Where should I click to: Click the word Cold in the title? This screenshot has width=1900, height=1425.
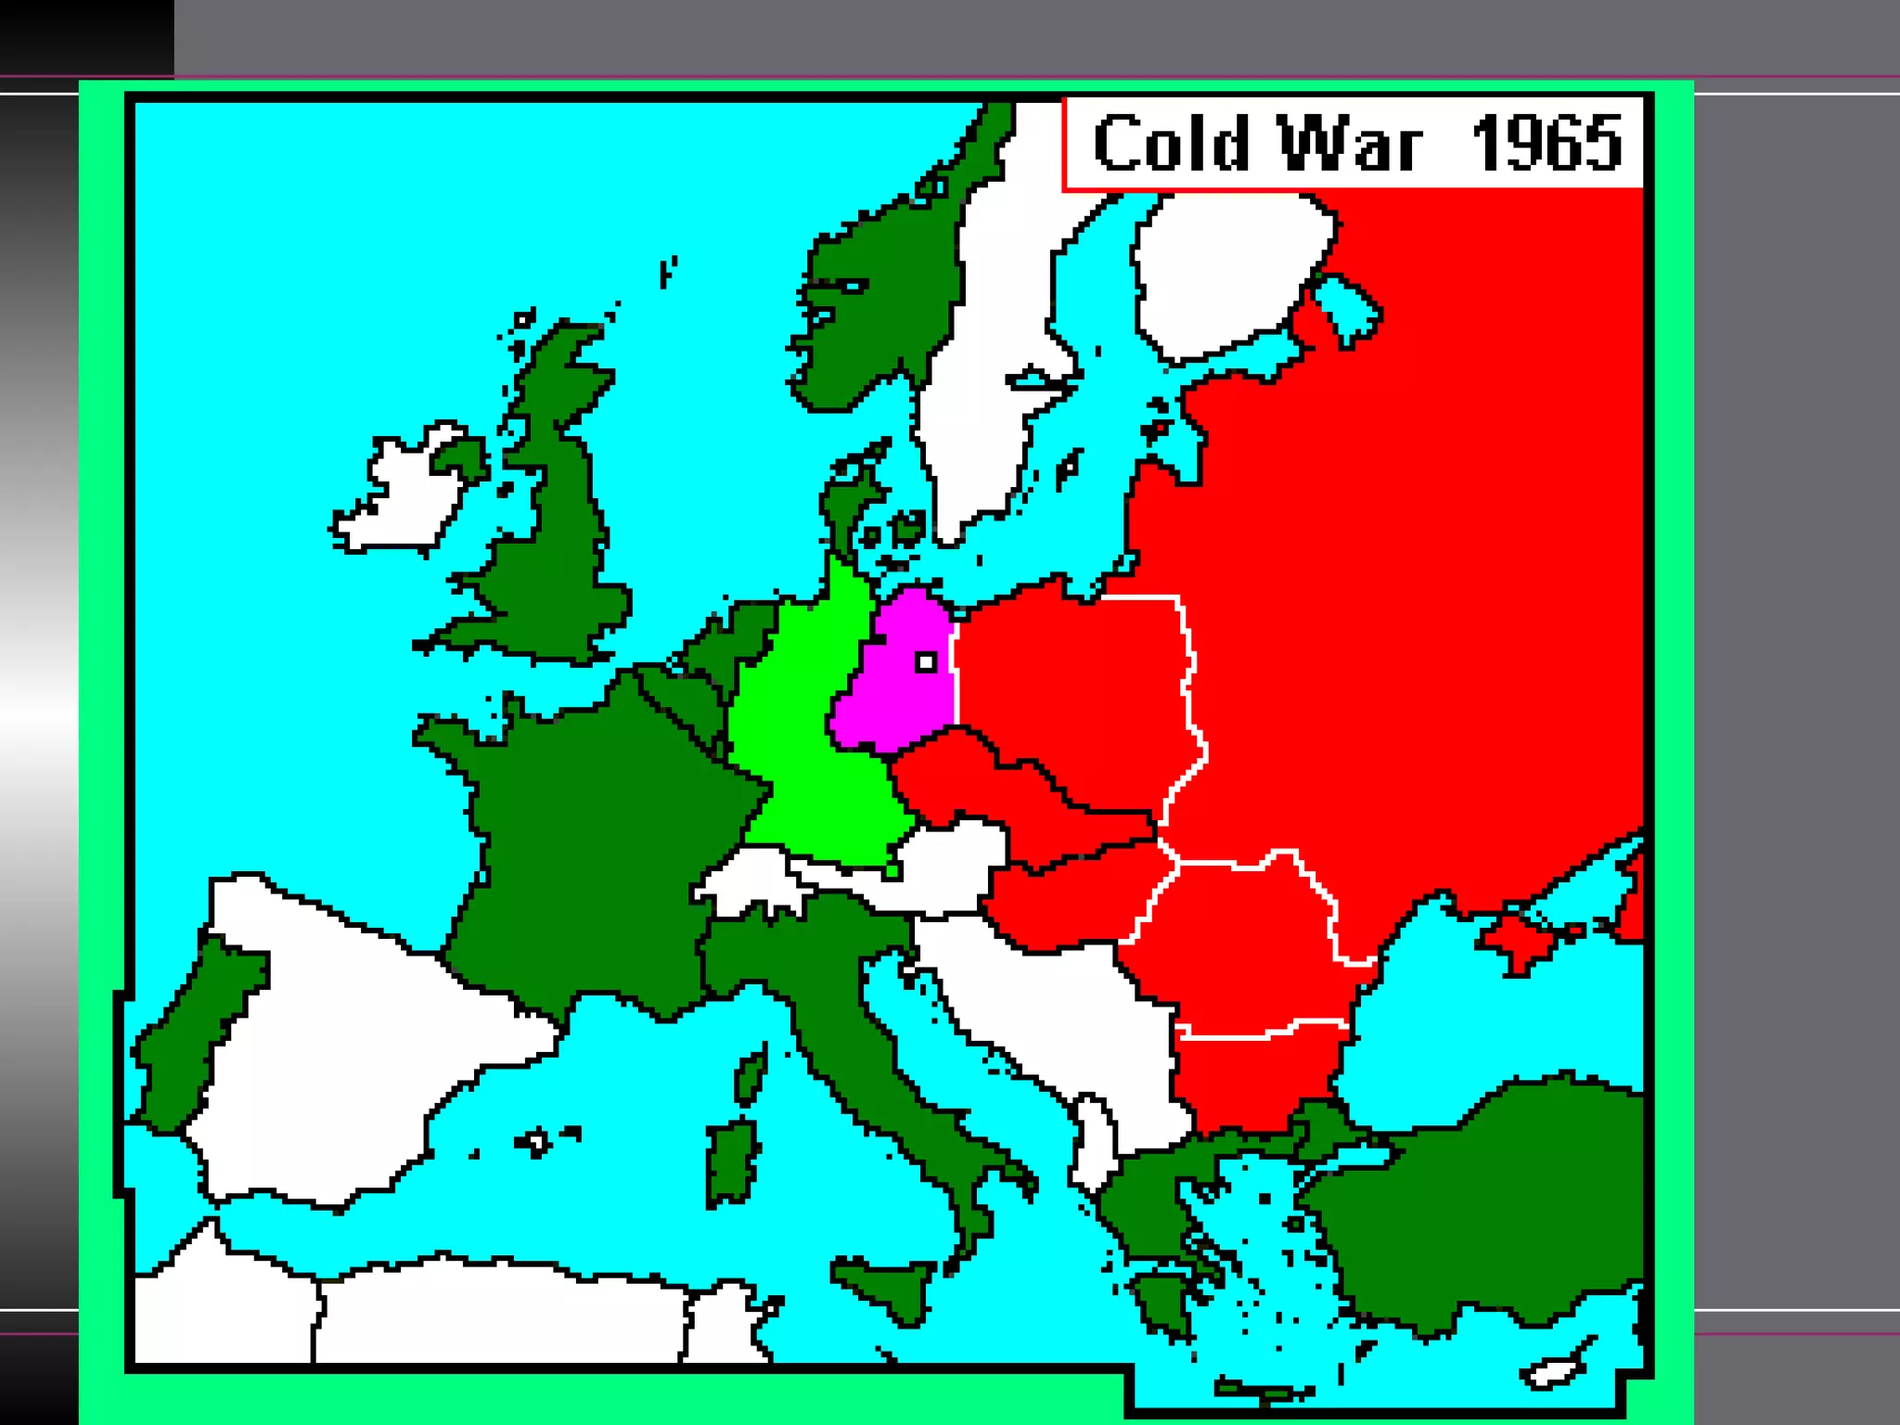(1171, 145)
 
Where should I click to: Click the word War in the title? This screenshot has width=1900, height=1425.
(1350, 145)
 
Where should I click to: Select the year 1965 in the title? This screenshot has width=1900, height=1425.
(1547, 145)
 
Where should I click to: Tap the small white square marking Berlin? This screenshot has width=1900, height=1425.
(926, 661)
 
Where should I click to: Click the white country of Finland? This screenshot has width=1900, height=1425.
(1225, 269)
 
